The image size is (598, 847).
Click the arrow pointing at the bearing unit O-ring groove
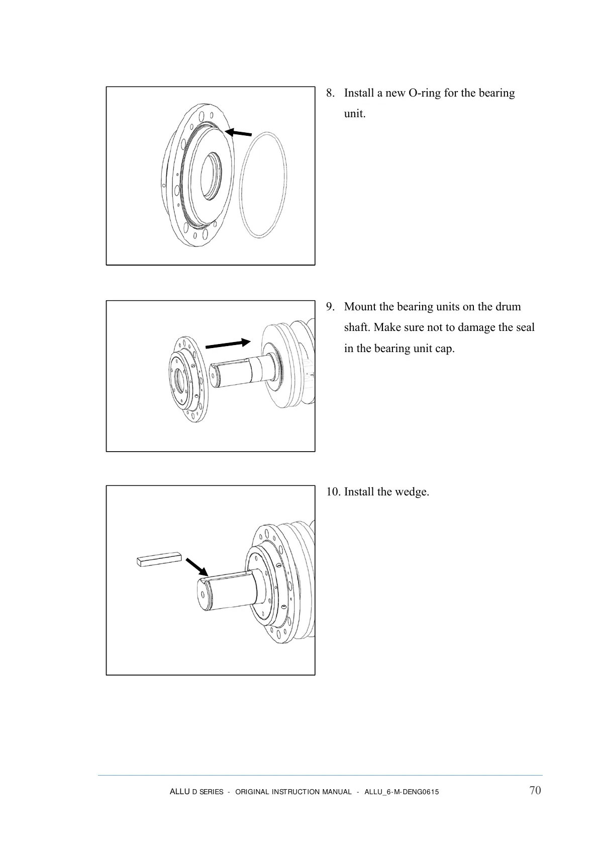click(238, 133)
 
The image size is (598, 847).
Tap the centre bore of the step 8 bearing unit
click(209, 177)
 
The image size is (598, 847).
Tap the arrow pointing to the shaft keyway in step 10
click(196, 566)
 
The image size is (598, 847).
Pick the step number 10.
click(332, 491)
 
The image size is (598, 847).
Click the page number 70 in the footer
click(535, 790)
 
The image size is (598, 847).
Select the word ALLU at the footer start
click(179, 792)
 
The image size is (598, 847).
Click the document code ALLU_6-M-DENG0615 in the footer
click(401, 792)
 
